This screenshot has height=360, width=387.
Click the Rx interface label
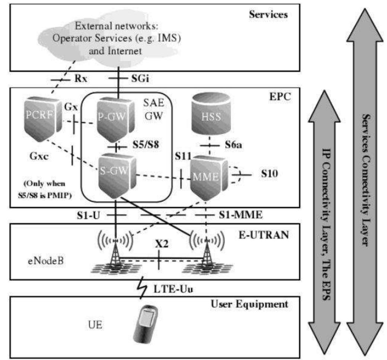(x=81, y=79)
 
